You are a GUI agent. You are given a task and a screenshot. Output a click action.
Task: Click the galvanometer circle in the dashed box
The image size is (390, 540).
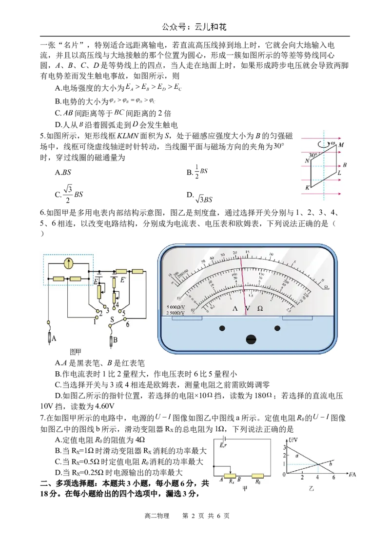coord(69,264)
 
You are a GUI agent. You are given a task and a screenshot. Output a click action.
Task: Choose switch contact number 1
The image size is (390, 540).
coord(95,318)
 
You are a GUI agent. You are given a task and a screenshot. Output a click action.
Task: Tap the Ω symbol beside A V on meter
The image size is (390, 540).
coord(260,308)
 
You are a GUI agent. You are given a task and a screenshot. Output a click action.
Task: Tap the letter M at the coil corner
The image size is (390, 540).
coord(341,145)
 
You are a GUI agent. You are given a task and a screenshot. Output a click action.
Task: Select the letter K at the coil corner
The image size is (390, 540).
coord(308,188)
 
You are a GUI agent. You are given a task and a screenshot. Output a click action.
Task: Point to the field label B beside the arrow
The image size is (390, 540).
coord(345,165)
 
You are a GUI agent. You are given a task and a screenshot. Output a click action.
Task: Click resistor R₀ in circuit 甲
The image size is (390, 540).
coord(257,476)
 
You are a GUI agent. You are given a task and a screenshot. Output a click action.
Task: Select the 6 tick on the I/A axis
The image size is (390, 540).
coord(333,478)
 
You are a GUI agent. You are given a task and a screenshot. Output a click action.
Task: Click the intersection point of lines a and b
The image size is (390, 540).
coord(317,463)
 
